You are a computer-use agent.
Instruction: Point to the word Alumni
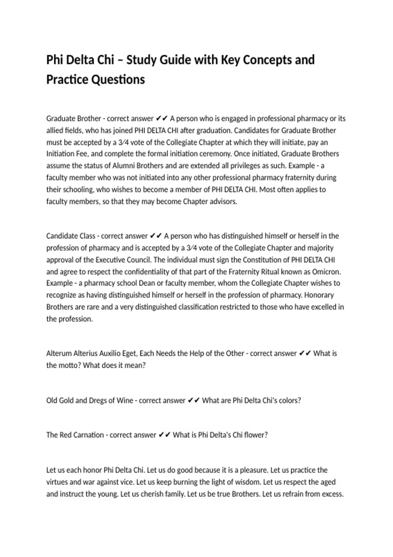pyautogui.click(x=124, y=166)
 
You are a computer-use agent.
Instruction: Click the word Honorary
pyautogui.click(x=319, y=295)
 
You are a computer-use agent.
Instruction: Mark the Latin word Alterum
pyautogui.click(x=59, y=354)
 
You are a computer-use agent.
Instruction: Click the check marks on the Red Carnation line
pyautogui.click(x=164, y=435)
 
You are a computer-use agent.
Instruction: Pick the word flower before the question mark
pyautogui.click(x=255, y=435)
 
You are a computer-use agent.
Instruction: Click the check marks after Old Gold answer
pyautogui.click(x=194, y=401)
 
